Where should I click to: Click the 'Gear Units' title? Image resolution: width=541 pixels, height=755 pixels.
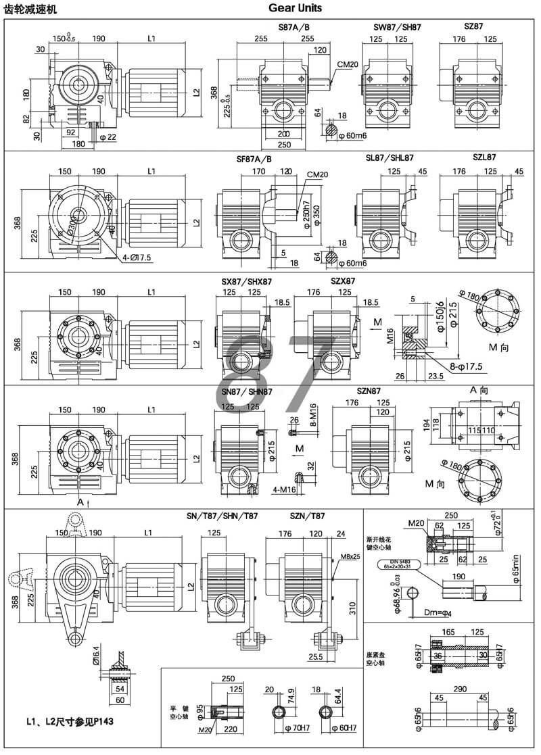[295, 9]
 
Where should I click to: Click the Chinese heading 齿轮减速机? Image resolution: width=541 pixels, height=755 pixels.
[30, 9]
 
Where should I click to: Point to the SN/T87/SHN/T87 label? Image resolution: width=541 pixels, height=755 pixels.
[222, 516]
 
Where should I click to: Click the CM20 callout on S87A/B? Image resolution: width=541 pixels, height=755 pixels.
[347, 65]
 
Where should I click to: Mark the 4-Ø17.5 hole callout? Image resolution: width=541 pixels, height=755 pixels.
[137, 258]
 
